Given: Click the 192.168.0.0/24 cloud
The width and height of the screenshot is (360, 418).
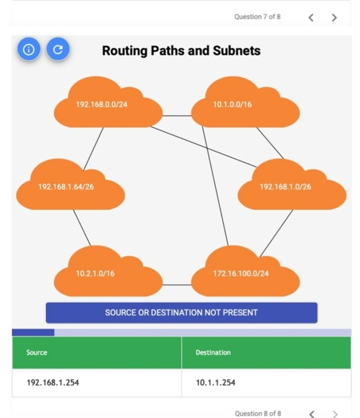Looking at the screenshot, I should [x=107, y=105].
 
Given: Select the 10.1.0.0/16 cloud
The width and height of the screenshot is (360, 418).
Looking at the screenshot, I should [x=244, y=105].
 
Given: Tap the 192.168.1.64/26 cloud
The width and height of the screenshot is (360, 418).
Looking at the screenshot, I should [x=69, y=187].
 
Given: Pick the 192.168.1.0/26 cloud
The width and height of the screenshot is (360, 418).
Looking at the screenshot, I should [x=291, y=187].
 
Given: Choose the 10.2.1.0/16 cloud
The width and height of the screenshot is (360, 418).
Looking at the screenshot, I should [x=107, y=273].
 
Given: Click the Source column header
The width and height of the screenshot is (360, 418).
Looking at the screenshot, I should [x=97, y=352].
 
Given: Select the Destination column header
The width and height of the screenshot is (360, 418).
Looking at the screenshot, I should [x=266, y=352].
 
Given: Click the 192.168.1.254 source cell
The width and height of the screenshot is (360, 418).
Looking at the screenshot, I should [x=97, y=383].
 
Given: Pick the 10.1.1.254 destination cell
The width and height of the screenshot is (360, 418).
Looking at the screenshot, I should [x=266, y=383].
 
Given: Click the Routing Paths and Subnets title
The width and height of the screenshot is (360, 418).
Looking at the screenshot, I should [x=181, y=51].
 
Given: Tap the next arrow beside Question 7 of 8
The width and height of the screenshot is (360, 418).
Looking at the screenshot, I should [x=334, y=17].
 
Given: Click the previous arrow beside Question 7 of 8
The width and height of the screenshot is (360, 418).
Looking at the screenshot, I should [x=311, y=17].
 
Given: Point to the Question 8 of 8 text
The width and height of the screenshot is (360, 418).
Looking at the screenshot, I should [x=257, y=413].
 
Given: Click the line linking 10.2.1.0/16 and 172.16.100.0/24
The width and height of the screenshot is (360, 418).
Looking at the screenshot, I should [x=177, y=285].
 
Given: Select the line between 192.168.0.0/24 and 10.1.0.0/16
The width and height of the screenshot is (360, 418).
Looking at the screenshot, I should [x=177, y=115].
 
